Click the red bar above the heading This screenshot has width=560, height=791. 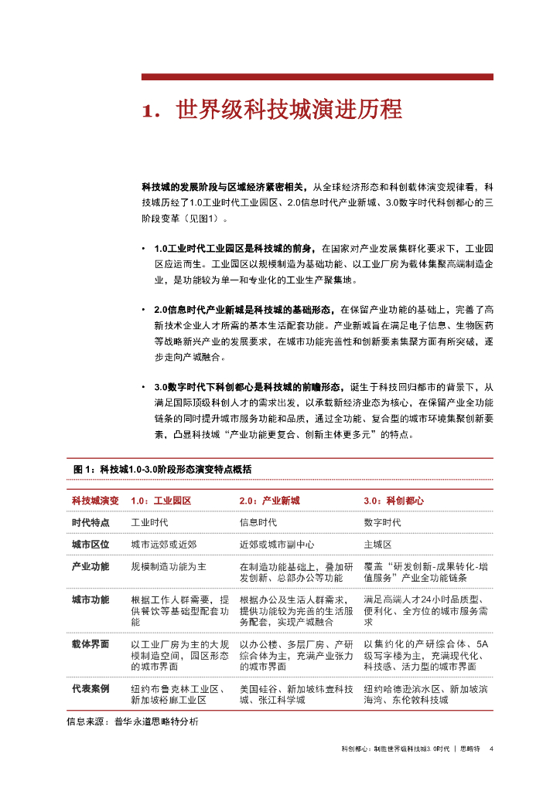(316, 76)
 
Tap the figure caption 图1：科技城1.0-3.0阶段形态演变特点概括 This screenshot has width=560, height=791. (162, 470)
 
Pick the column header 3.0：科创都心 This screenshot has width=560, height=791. (394, 501)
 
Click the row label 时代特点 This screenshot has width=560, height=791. (90, 522)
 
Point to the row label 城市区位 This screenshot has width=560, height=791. (90, 544)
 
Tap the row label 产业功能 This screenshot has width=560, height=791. (90, 566)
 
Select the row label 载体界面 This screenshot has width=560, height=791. (90, 643)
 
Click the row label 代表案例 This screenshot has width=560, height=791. (90, 688)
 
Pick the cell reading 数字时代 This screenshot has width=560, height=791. (382, 522)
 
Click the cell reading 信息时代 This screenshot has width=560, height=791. (258, 522)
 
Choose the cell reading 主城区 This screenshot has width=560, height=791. (377, 544)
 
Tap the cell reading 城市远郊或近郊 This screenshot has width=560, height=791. (164, 544)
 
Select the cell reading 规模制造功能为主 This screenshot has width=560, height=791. (169, 566)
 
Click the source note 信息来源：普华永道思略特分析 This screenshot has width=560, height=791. (132, 721)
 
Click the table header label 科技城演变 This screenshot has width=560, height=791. (95, 501)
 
